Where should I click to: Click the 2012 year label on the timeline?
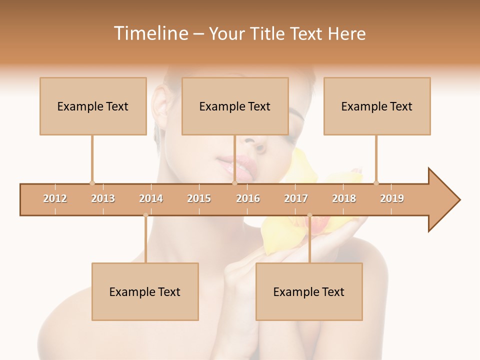point(55,198)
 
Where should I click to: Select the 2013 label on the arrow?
point(103,198)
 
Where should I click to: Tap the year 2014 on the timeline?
point(151,198)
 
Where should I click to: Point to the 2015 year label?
point(199,198)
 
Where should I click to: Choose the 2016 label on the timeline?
point(248,198)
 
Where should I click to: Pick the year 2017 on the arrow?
point(296,198)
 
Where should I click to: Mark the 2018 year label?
point(344,198)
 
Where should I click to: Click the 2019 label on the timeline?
point(392,198)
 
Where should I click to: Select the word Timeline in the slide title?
point(150,33)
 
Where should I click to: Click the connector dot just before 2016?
point(234,183)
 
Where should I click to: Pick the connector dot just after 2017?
point(309,215)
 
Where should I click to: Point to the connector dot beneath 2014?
point(145,215)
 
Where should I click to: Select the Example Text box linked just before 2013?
point(93,106)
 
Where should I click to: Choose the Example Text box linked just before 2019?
point(377,106)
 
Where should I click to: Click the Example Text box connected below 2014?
point(145,291)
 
